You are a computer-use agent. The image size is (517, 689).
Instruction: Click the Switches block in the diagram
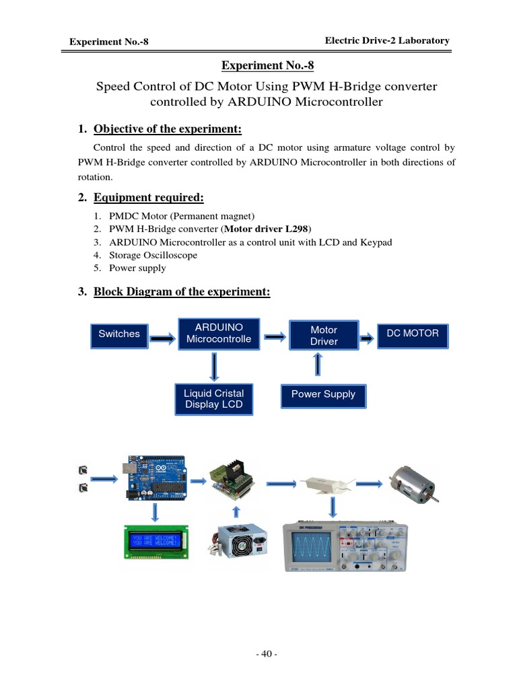click(x=119, y=334)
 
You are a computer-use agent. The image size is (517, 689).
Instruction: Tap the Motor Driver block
click(x=324, y=335)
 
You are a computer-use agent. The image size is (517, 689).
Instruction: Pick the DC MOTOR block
click(x=413, y=334)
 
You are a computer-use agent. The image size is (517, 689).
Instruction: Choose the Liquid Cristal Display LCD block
click(x=213, y=398)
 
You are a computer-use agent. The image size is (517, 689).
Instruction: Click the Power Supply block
click(x=323, y=394)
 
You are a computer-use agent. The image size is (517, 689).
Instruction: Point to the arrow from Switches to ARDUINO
click(x=162, y=338)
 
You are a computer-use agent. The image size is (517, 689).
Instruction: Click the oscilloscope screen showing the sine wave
click(x=312, y=545)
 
